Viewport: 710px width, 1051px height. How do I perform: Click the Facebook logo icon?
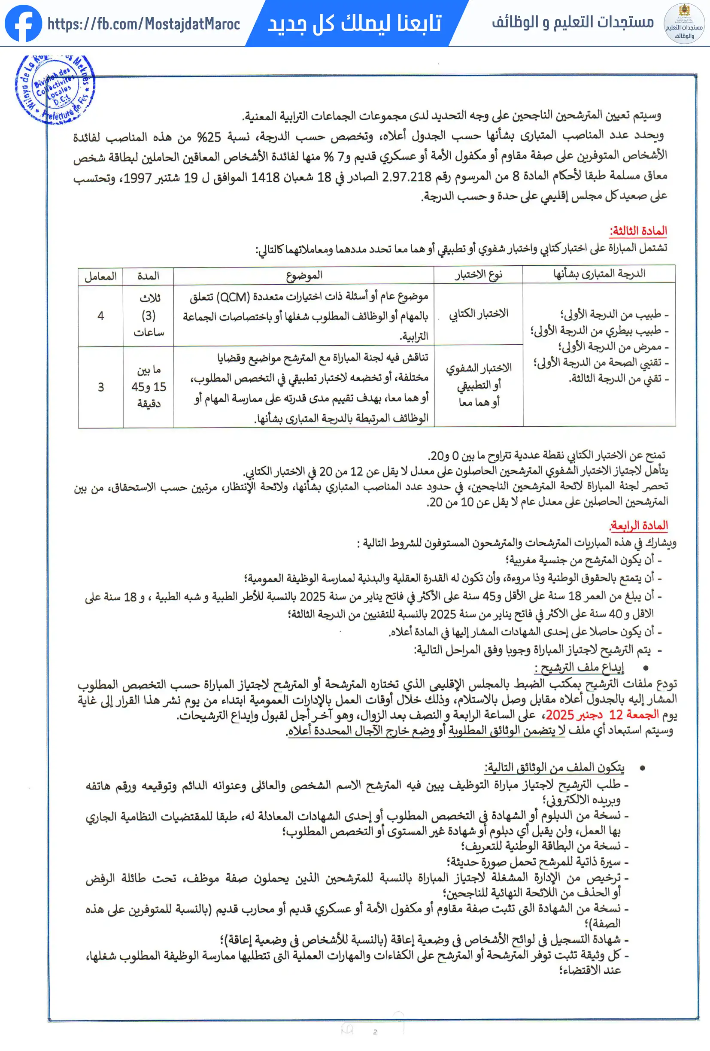point(23,24)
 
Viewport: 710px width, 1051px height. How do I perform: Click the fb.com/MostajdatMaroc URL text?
point(144,24)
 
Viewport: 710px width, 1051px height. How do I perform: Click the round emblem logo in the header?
point(684,24)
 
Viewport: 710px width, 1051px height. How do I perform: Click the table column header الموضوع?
point(304,275)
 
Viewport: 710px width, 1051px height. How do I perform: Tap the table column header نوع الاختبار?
point(479,274)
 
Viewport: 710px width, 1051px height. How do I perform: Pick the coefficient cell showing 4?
point(100,316)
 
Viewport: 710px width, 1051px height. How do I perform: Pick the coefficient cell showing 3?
point(100,387)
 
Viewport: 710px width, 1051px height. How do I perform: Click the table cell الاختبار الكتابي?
point(479,313)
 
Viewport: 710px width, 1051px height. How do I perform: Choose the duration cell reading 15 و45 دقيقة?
point(149,387)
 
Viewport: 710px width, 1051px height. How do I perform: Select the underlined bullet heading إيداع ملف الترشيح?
point(580,668)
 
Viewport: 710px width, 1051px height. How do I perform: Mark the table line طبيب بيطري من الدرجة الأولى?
point(599,331)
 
